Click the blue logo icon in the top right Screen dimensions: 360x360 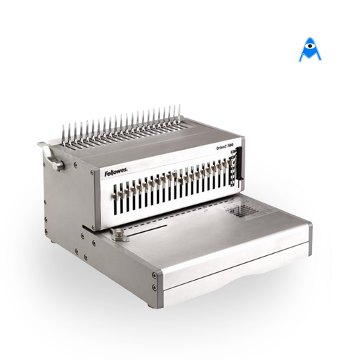(x=309, y=51)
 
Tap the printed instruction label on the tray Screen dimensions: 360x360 (x=245, y=210)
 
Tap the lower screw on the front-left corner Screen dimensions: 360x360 (x=154, y=288)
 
